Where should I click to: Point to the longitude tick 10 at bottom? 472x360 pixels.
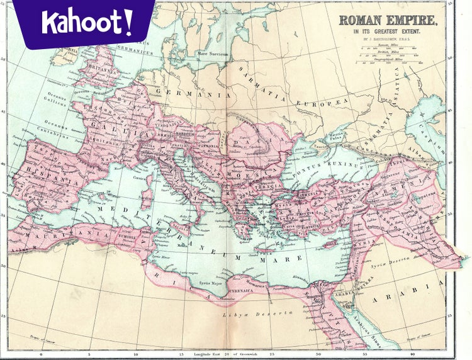click(x=135, y=354)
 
